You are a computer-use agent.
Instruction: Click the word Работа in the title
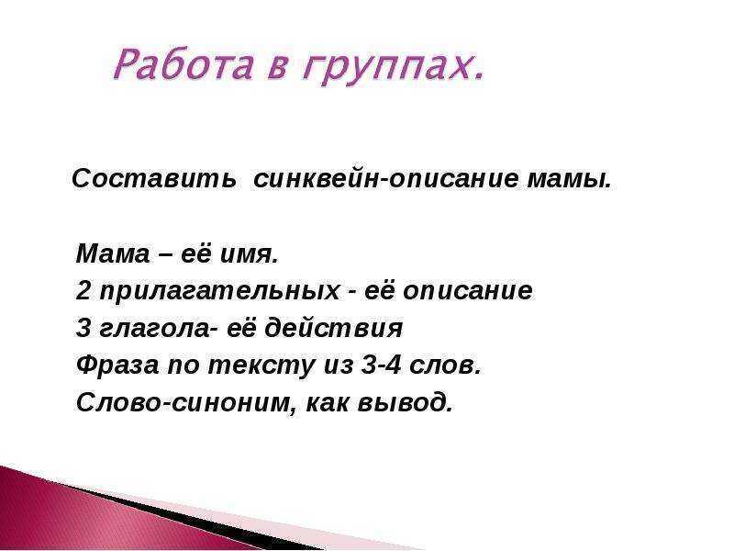tap(183, 64)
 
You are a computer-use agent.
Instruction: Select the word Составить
tap(154, 178)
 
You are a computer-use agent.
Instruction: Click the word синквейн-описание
tap(385, 178)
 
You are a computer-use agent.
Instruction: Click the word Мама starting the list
tap(112, 254)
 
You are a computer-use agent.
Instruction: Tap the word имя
tap(249, 255)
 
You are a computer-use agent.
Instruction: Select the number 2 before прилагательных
tap(83, 290)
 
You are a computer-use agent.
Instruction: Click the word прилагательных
tap(220, 291)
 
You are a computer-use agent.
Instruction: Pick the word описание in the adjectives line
tap(468, 291)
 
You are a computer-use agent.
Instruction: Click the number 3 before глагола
tap(83, 328)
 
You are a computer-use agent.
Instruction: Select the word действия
tap(334, 328)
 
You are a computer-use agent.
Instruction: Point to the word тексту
tap(261, 365)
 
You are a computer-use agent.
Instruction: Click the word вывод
tap(405, 402)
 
